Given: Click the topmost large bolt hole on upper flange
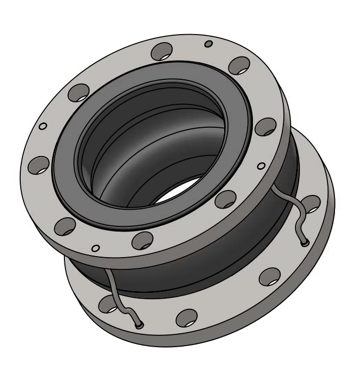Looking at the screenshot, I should click(162, 52).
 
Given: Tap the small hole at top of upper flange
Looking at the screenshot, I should click(209, 43).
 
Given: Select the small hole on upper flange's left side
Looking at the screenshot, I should click(44, 126).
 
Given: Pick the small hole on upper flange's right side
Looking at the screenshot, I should click(260, 166).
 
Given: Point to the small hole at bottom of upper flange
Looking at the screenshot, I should click(95, 248).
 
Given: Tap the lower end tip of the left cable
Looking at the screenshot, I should click(139, 325).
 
